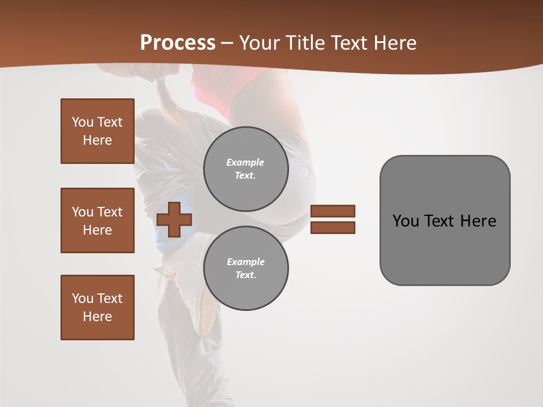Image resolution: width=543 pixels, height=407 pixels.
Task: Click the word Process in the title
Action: coord(178,42)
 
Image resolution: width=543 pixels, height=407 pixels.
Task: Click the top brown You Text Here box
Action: coord(97,131)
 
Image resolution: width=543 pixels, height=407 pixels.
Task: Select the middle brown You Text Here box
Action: coord(97,220)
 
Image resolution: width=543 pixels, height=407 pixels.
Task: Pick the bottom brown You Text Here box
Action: coord(97,307)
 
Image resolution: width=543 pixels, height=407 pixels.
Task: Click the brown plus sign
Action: coord(174,219)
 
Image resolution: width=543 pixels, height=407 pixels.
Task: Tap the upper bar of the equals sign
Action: coord(333,211)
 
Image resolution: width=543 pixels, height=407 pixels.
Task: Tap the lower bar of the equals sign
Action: coord(333,227)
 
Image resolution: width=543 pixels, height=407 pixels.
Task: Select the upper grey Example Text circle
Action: coord(246,169)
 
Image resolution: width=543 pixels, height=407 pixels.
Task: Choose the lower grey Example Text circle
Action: coord(246,269)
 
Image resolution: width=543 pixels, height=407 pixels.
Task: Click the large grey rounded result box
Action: coord(445,220)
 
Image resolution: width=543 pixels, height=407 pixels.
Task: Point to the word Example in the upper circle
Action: coord(245,162)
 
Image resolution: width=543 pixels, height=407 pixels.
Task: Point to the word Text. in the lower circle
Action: coord(245,275)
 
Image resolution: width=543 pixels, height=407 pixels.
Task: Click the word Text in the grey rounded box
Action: coord(442,221)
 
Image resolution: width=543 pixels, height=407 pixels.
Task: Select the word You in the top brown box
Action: coord(83,122)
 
